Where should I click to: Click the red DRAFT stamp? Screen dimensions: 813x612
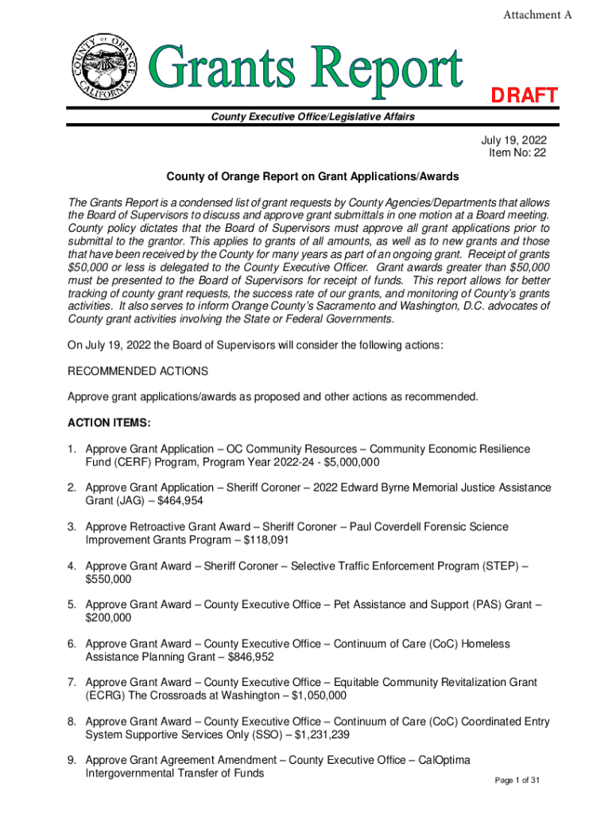pos(523,95)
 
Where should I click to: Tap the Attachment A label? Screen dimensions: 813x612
pos(538,15)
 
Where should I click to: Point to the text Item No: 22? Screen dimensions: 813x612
pos(517,153)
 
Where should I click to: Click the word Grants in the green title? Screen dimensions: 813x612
pos(227,70)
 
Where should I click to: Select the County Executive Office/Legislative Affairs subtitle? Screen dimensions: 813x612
pos(312,118)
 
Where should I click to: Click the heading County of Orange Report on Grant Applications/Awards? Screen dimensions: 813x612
pos(312,175)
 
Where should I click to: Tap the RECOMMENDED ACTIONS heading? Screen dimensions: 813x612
pos(138,371)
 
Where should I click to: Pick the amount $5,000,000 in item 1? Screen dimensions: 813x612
pos(347,462)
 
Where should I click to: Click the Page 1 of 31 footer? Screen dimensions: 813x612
pos(517,781)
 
